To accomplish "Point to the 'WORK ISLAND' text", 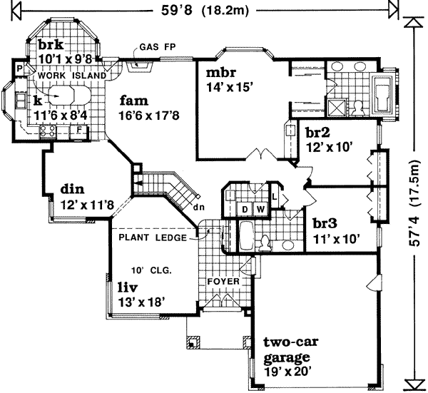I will (71, 75).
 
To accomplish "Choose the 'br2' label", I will (316, 132).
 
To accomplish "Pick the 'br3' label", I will (325, 223).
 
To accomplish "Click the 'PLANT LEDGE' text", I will (153, 238).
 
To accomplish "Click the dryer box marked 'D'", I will (245, 209).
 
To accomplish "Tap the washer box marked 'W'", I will (260, 209).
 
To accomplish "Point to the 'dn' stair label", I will (198, 208).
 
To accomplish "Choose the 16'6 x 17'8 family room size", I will (150, 114).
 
